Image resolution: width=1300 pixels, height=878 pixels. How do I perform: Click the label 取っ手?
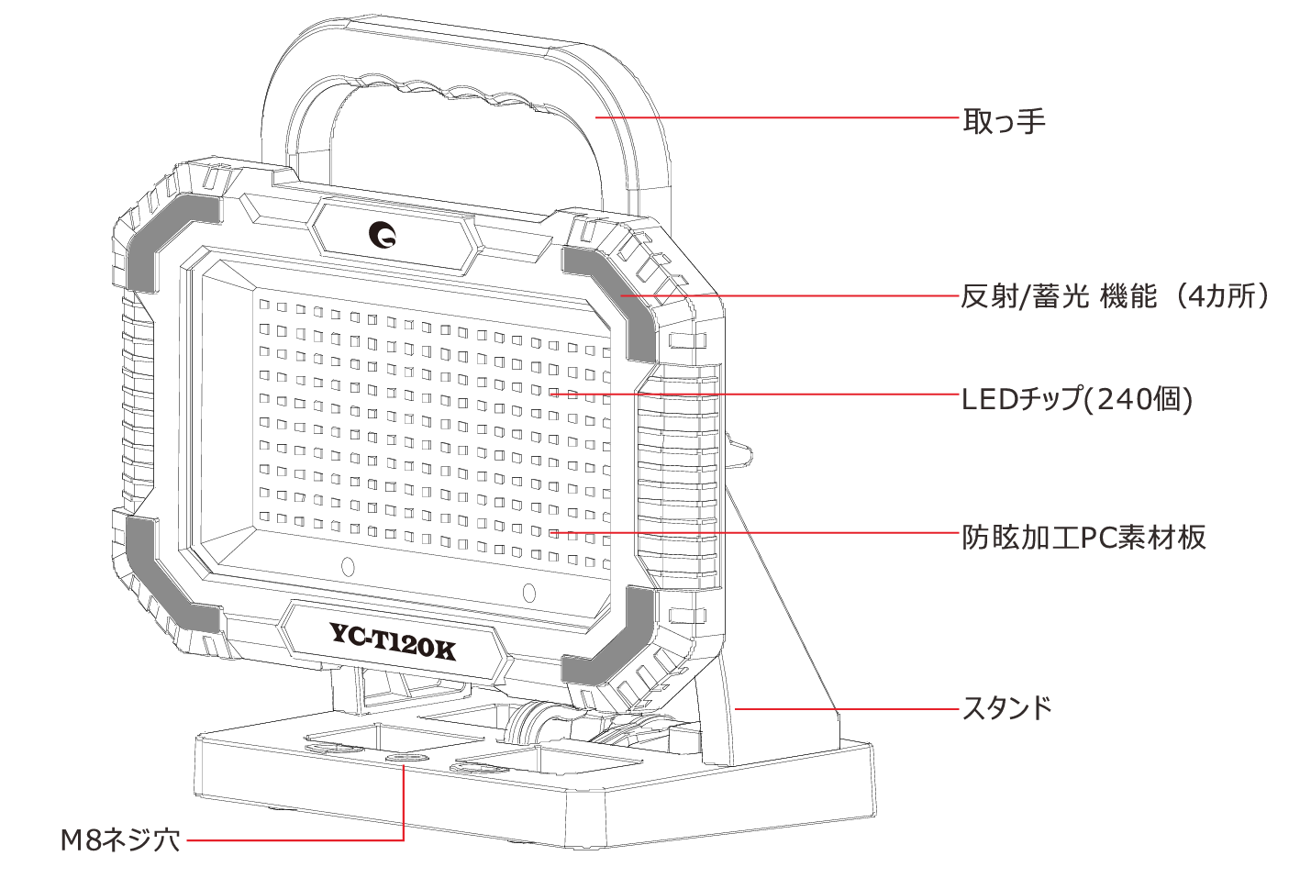click(x=1004, y=121)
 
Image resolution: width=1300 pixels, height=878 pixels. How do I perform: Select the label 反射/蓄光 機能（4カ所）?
click(x=1115, y=296)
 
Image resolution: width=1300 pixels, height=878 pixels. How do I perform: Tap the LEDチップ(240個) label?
click(x=1077, y=399)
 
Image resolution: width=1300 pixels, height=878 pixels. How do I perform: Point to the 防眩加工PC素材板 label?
click(x=1083, y=537)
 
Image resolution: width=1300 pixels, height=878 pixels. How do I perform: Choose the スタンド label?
click(x=1006, y=708)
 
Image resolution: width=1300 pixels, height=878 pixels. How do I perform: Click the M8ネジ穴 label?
click(x=120, y=839)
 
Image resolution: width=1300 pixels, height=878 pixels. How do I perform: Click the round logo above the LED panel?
click(x=383, y=235)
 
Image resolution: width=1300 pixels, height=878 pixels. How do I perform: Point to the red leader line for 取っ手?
click(x=780, y=118)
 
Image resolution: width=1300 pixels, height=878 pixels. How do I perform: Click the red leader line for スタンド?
click(x=844, y=709)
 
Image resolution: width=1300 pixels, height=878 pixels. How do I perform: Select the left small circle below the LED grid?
click(x=348, y=567)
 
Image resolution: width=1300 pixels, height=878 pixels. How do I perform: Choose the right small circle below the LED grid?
click(x=528, y=593)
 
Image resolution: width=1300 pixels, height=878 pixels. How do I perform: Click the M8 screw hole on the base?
click(x=404, y=760)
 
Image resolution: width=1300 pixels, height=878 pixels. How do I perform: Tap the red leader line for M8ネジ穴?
click(x=294, y=839)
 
